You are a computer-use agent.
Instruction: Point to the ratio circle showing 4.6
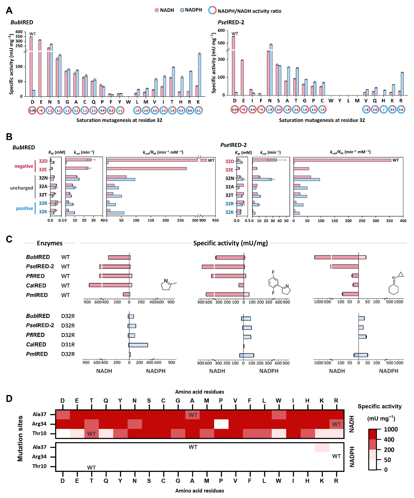coord(190,110)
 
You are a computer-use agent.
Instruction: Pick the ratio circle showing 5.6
coord(401,109)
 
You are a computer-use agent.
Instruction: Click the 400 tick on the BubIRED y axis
coord(19,32)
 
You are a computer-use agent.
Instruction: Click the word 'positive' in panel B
coord(24,208)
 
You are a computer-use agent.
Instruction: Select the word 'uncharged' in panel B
coord(21,188)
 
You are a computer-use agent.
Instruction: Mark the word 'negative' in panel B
coord(24,166)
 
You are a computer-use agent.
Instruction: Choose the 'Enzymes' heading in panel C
coord(50,243)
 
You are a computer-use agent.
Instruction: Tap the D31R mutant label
coord(68,344)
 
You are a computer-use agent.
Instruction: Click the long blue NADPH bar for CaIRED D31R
coord(138,345)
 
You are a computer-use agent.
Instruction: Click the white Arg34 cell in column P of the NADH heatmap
coord(221,424)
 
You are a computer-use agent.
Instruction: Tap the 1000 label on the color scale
coord(391,429)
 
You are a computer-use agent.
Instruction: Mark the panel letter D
coord(9,399)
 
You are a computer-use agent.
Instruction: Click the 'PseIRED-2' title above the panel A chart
coord(231,22)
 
